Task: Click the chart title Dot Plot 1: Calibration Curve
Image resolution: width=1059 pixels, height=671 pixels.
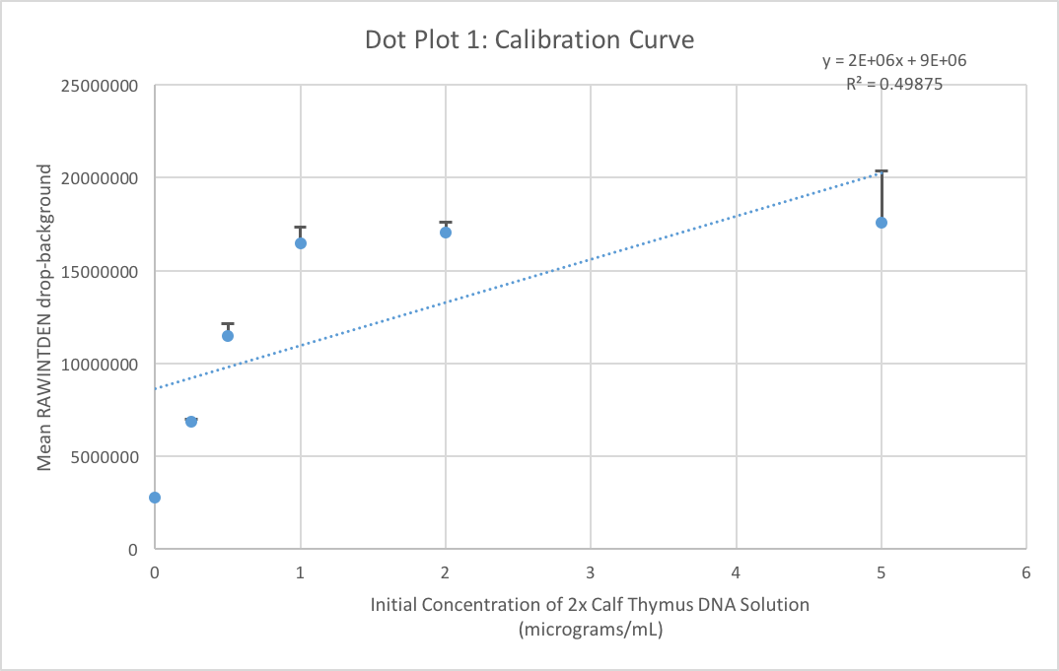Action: tap(529, 40)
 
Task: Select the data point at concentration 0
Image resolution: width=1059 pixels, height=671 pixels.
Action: tap(155, 498)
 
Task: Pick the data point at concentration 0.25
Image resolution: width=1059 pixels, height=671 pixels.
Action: tap(191, 421)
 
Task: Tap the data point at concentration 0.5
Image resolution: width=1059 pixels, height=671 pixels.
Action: tap(228, 336)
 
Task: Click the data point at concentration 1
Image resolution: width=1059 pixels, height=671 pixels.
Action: tap(301, 243)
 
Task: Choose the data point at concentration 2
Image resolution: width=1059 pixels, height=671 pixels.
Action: tap(446, 233)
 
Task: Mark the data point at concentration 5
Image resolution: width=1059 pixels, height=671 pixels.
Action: tap(882, 223)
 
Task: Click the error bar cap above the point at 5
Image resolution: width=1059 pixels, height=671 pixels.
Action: tap(882, 171)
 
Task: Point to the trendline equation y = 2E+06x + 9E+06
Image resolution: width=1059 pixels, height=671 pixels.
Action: tap(894, 61)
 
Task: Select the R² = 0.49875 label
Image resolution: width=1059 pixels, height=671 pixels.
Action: tap(894, 84)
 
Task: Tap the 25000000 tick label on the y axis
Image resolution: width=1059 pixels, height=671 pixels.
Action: tap(97, 86)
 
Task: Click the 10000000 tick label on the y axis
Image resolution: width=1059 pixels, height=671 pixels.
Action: tap(97, 365)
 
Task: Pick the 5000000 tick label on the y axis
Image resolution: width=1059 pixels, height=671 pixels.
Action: tap(101, 457)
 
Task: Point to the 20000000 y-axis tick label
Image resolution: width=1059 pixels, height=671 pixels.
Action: tap(97, 178)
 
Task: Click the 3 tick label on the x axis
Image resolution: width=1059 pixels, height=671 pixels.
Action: tap(591, 572)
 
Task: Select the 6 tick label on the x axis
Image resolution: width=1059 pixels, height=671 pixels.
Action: tap(1026, 572)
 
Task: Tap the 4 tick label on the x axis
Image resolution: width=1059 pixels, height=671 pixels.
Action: tap(736, 572)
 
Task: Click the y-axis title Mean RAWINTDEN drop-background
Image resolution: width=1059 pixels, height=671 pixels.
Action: tap(44, 317)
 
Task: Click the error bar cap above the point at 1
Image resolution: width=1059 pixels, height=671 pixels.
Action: tap(301, 228)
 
